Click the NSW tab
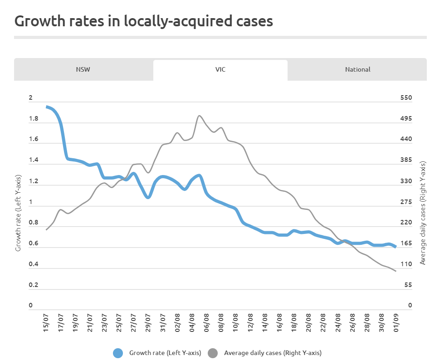(83, 70)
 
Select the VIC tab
(220, 70)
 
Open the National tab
(357, 70)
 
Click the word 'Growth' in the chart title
(38, 21)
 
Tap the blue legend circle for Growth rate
(118, 353)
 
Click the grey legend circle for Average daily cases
(212, 353)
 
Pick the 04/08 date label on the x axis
(192, 322)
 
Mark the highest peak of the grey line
(200, 116)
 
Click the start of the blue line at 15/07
(47, 107)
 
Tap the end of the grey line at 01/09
(396, 271)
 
